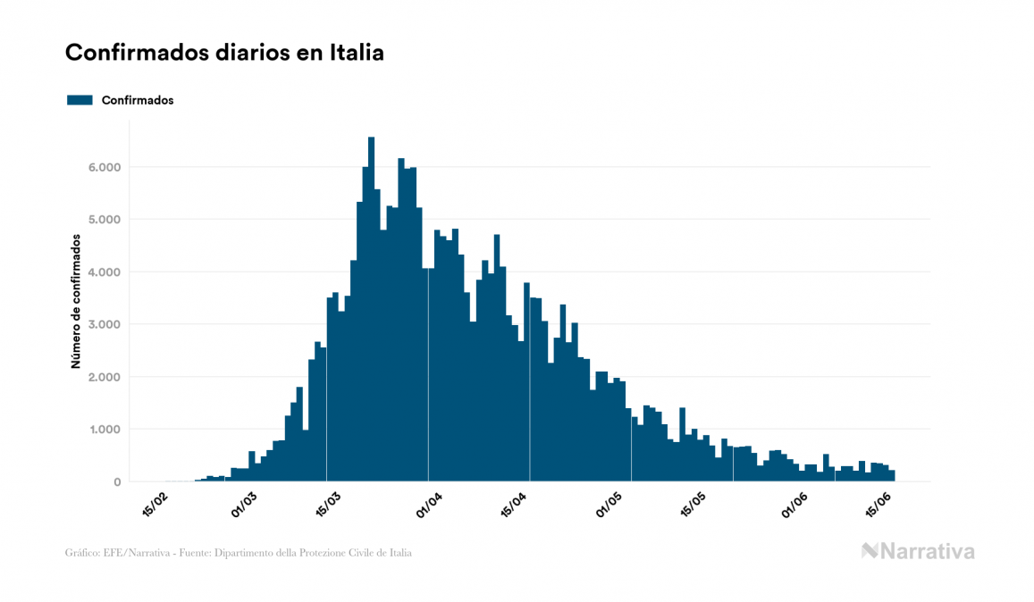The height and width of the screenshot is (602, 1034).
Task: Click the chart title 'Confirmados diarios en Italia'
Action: [224, 53]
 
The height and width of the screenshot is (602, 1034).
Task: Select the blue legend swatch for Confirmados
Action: [80, 100]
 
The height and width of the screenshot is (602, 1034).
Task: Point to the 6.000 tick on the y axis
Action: [103, 167]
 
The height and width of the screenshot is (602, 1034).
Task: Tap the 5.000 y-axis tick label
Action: [103, 220]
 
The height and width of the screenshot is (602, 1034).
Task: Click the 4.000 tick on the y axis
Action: [103, 272]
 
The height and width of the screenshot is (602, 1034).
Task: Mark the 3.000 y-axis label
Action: [103, 324]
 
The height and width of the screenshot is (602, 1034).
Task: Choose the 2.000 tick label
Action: [103, 377]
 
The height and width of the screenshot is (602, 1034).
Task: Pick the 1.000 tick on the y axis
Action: [103, 430]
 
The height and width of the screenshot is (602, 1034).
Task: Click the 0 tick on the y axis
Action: [116, 482]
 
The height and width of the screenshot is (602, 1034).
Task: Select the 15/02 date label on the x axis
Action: [154, 506]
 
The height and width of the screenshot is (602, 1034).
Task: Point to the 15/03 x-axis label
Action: [327, 506]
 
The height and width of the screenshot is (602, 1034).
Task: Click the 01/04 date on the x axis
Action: [429, 506]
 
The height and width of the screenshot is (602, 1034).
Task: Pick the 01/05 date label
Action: [614, 506]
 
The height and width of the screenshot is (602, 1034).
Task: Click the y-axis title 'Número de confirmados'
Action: [77, 302]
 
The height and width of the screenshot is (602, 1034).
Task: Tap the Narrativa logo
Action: [918, 551]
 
